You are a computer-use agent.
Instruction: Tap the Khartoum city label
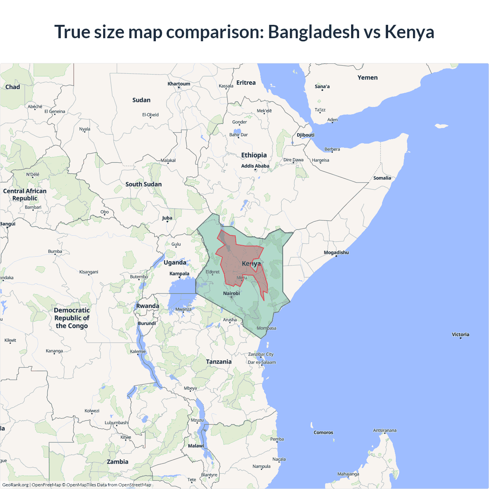pyautogui.click(x=179, y=84)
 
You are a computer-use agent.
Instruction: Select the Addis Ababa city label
pyautogui.click(x=255, y=166)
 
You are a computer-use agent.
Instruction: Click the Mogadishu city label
pyautogui.click(x=336, y=253)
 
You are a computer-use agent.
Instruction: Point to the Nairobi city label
pyautogui.click(x=232, y=293)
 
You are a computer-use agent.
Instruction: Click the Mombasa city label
pyautogui.click(x=266, y=328)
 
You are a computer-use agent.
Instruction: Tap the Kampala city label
pyautogui.click(x=179, y=274)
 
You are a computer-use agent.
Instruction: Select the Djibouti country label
pyautogui.click(x=306, y=135)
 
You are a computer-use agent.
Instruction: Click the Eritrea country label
pyautogui.click(x=246, y=83)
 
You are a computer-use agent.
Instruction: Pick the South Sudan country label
pyautogui.click(x=144, y=184)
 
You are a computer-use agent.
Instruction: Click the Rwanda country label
pyautogui.click(x=147, y=306)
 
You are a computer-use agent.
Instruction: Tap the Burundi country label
pyautogui.click(x=147, y=323)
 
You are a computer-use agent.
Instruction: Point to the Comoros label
pyautogui.click(x=323, y=432)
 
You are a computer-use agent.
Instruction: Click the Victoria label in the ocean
pyautogui.click(x=460, y=334)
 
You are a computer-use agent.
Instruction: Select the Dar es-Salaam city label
pyautogui.click(x=262, y=362)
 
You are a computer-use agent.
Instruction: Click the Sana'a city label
pyautogui.click(x=322, y=86)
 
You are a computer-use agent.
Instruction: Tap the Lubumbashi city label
pyautogui.click(x=117, y=423)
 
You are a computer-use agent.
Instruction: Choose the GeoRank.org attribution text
pyautogui.click(x=15, y=485)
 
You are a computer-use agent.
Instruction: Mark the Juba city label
pyautogui.click(x=167, y=218)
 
